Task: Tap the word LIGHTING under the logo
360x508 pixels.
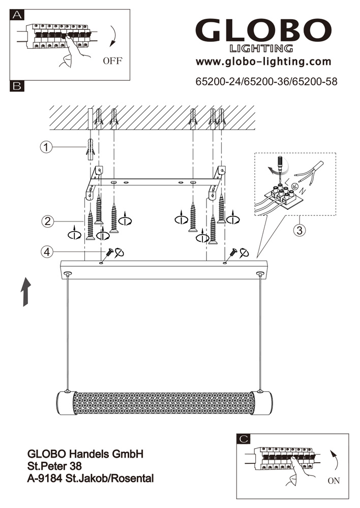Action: pos(261,49)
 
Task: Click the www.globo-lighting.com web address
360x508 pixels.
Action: pos(263,62)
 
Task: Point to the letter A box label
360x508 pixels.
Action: pos(17,15)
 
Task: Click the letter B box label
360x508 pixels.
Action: pos(17,86)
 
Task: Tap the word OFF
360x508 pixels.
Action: pos(112,61)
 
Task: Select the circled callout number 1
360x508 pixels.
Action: pos(46,147)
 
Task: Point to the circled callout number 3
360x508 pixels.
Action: pos(300,230)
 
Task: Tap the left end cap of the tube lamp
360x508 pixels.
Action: pos(63,404)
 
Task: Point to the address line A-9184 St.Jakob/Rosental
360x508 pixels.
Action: pos(90,478)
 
